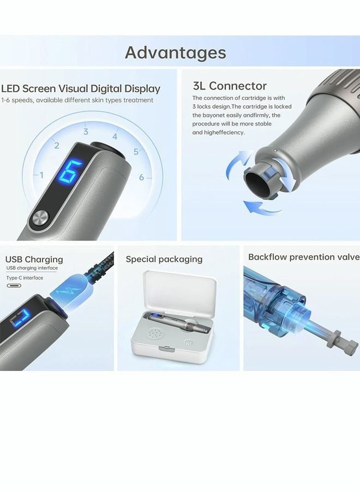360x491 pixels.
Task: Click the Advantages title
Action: [x=175, y=52]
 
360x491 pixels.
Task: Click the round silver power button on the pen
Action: [x=40, y=219]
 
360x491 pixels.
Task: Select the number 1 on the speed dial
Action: [x=41, y=175]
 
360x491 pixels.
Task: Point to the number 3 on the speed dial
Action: [x=86, y=131]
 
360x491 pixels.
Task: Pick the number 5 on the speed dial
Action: [x=136, y=152]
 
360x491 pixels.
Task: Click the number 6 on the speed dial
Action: [x=141, y=177]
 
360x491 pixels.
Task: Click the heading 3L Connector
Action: [x=230, y=86]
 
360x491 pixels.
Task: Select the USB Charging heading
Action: [x=34, y=260]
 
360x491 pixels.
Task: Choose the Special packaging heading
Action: [x=164, y=259]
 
